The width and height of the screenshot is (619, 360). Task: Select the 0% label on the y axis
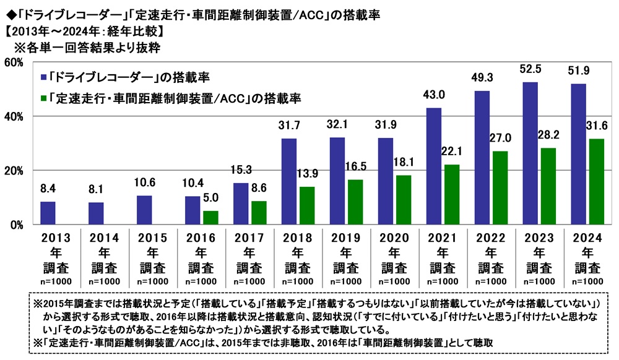(x=15, y=225)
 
